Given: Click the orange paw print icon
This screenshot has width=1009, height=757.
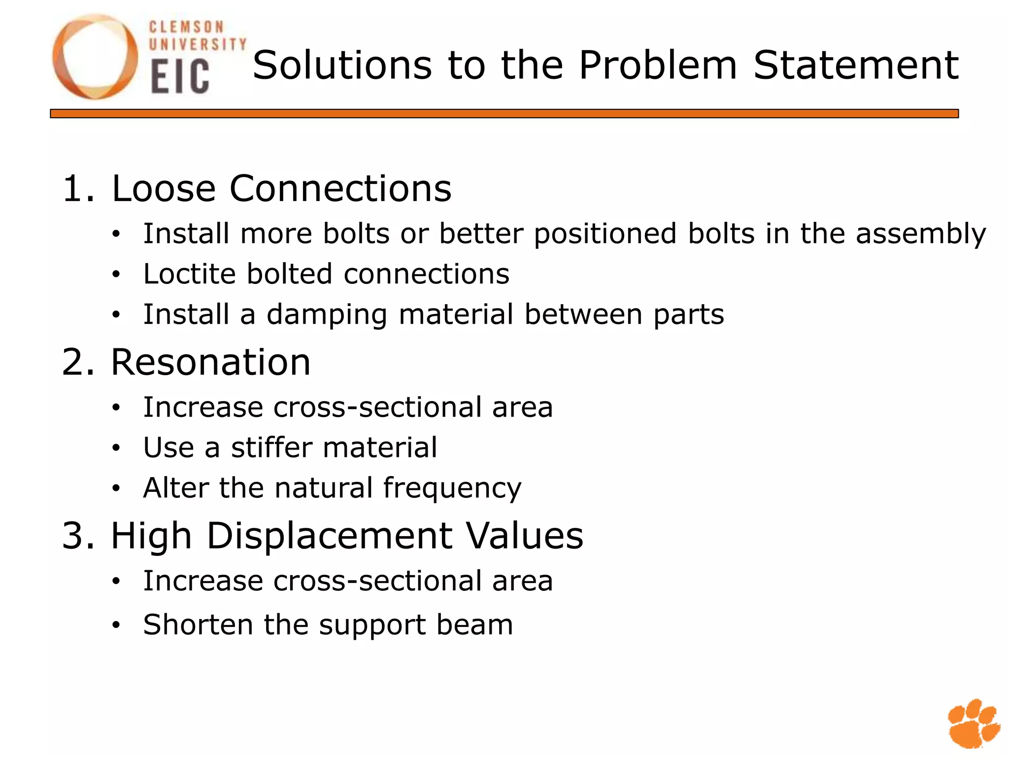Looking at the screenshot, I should [974, 723].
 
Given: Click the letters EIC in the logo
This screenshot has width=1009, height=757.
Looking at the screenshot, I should [180, 76].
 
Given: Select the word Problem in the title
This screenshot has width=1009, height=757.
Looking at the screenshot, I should [658, 65].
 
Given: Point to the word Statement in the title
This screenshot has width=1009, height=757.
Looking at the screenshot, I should [856, 65].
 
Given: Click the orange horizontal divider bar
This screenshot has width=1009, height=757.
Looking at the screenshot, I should [504, 114].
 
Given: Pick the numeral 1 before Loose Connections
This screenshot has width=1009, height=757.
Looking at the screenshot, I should [73, 188].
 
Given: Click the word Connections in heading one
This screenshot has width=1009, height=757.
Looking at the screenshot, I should [340, 188].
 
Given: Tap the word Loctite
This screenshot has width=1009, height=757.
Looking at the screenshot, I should [189, 274].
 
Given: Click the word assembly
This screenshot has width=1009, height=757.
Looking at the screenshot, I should [921, 234].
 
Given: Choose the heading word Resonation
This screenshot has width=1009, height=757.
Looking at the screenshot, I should [211, 362].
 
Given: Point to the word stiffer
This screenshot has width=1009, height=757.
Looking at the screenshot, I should [272, 447].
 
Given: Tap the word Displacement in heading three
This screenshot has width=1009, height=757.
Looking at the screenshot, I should [329, 536].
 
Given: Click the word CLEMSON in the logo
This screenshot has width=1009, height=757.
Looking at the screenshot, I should [186, 27].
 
